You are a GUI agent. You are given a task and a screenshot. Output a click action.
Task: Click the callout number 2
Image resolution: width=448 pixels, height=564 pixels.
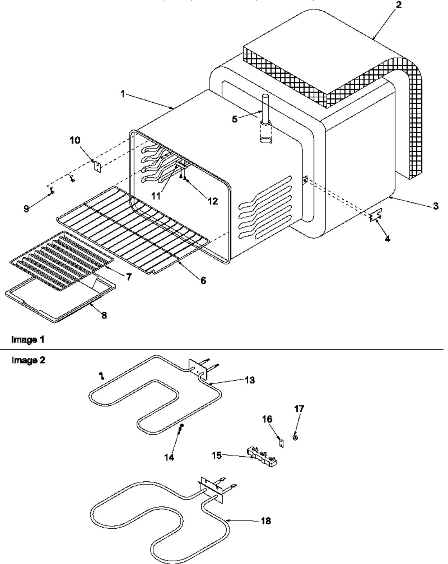[398, 5]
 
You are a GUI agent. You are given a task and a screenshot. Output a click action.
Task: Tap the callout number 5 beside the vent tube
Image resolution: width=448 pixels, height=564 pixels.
[234, 119]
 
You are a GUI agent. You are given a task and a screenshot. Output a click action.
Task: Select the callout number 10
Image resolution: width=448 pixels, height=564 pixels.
[75, 140]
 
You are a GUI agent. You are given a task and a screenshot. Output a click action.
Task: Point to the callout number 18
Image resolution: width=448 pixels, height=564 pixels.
[266, 521]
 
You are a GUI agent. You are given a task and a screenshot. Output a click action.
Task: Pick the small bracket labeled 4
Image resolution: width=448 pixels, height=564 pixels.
[376, 217]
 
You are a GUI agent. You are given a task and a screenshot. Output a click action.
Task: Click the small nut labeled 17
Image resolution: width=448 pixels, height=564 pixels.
[295, 437]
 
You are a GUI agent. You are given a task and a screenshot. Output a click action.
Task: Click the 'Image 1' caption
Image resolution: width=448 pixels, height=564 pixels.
[28, 339]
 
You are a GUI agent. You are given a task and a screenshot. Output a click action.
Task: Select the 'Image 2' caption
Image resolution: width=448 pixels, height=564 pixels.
[28, 360]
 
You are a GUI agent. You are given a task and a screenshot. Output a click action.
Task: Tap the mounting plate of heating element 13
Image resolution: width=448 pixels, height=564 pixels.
[198, 369]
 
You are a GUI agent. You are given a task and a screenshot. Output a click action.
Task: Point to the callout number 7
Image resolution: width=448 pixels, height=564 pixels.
[128, 277]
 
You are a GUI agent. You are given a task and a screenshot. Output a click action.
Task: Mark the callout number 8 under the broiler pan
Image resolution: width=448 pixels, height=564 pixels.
[104, 315]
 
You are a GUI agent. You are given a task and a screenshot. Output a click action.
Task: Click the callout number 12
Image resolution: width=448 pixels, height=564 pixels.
[213, 201]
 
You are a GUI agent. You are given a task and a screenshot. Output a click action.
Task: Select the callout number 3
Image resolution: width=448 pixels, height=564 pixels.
[435, 206]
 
